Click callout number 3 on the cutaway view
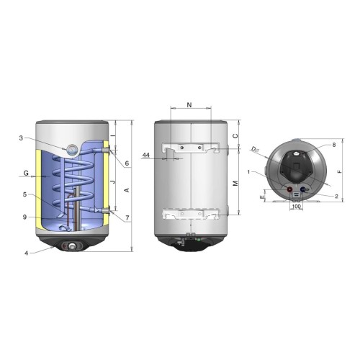(21, 138)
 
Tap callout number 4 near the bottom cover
(27, 253)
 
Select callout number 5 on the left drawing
(24, 194)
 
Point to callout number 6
(127, 163)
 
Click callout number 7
(127, 218)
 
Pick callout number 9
(24, 217)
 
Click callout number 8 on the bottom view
(334, 145)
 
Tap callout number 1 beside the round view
(249, 172)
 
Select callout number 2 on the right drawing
(336, 197)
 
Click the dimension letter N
(189, 104)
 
